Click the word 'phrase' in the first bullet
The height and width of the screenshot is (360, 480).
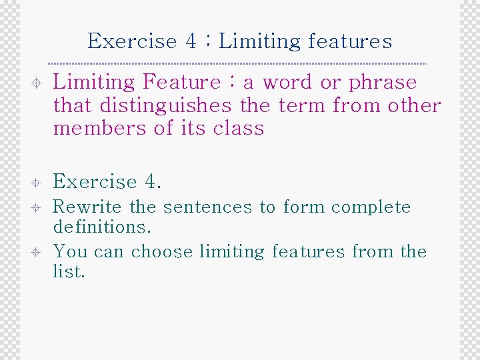(x=383, y=83)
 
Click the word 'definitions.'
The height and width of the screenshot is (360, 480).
(x=102, y=227)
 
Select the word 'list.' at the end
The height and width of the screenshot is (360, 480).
(x=69, y=271)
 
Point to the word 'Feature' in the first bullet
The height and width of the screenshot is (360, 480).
(x=181, y=83)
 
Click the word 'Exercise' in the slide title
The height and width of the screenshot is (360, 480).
(x=132, y=41)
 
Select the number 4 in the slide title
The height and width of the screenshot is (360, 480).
(x=191, y=41)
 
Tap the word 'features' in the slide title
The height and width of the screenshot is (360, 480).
(x=350, y=41)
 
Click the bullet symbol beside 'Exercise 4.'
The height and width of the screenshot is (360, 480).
(x=37, y=183)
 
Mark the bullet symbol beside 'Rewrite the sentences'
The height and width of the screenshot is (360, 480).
(x=37, y=208)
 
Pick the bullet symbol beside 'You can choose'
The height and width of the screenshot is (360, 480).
(x=37, y=253)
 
